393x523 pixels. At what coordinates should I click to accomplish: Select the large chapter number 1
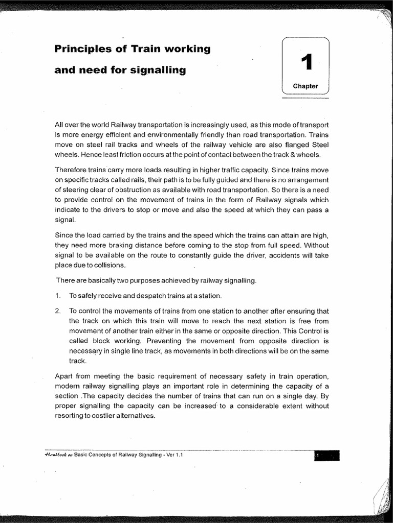305,63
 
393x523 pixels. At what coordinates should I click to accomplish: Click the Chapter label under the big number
305,86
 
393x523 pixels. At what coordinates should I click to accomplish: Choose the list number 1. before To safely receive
57,296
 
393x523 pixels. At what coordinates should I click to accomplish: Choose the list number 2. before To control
57,311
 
